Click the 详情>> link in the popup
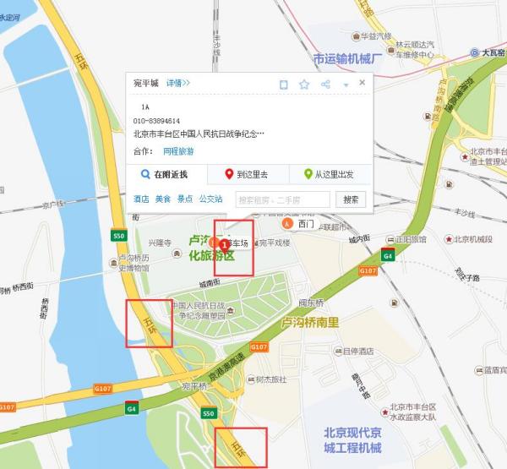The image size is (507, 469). point(178,83)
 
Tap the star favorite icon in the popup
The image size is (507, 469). point(303,84)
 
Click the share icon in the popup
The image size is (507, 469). point(324,84)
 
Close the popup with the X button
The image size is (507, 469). point(363,82)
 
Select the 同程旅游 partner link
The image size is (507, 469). point(178,151)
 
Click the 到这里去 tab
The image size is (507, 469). point(248,175)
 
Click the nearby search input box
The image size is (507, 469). point(282,199)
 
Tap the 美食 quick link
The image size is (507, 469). point(162,199)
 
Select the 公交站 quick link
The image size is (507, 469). point(210,199)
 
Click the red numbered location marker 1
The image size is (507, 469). point(223,243)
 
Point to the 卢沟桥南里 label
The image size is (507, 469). point(309,323)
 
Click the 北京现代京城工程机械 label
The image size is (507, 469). point(352,439)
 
